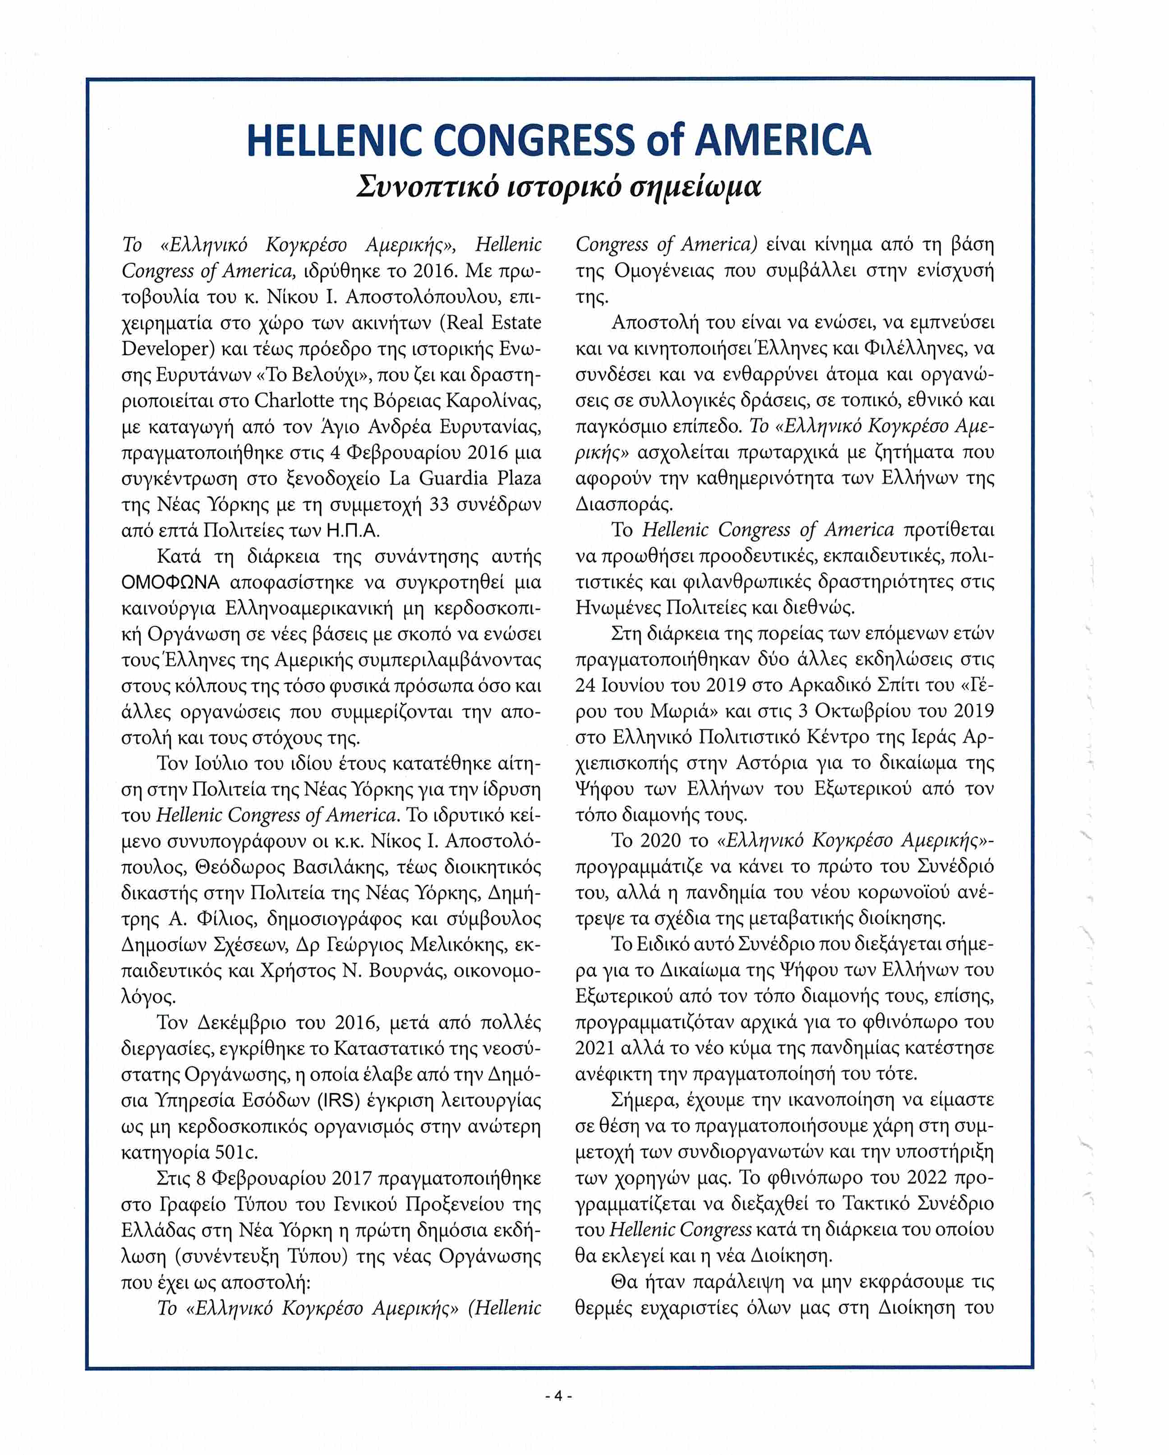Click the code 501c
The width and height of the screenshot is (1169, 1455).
236,1152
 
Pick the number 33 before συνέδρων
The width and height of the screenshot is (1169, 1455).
439,504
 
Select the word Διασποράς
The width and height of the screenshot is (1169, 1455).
624,504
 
